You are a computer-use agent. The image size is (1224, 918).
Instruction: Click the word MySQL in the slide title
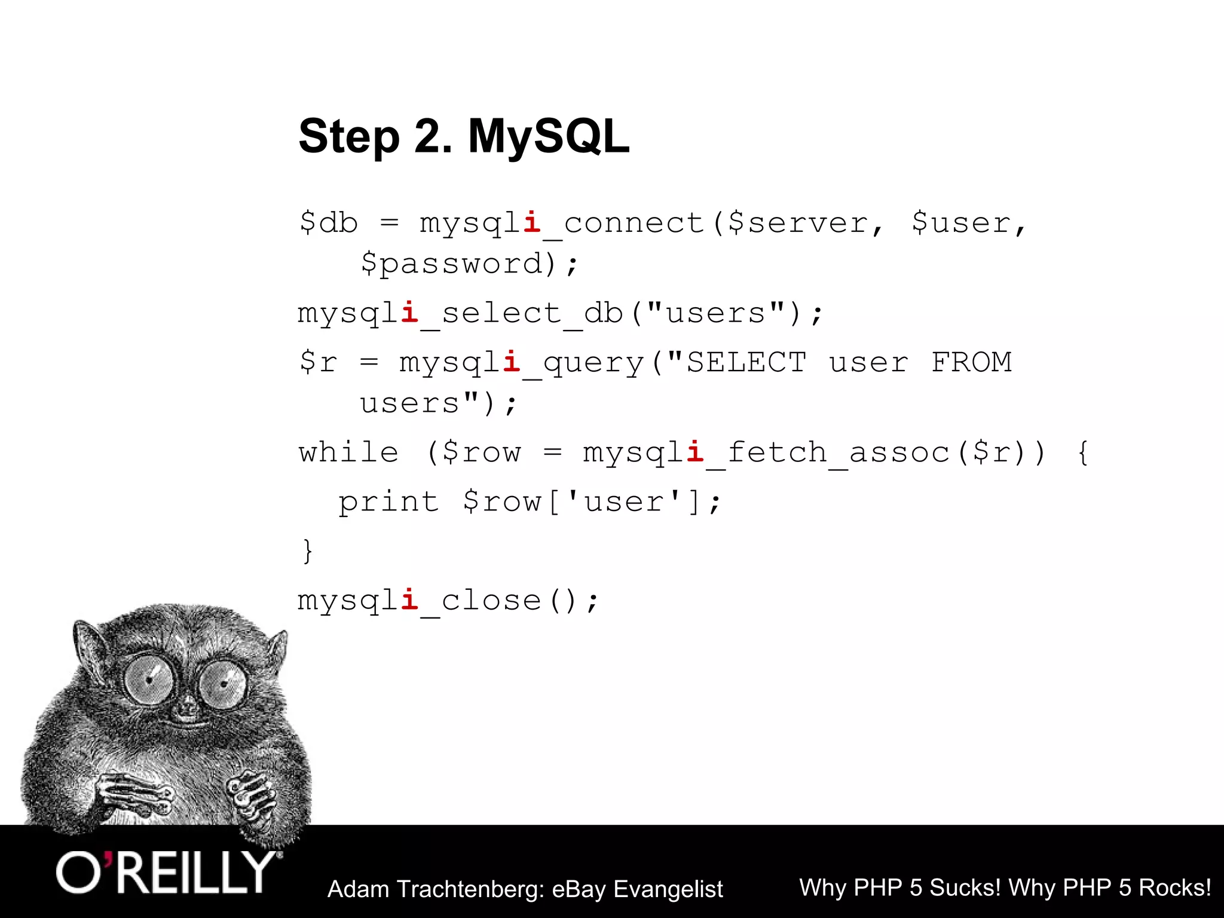pyautogui.click(x=548, y=136)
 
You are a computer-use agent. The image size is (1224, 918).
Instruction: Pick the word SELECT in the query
pyautogui.click(x=746, y=363)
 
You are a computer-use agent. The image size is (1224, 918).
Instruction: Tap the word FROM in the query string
pyautogui.click(x=971, y=363)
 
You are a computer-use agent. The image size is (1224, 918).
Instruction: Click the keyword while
pyautogui.click(x=348, y=452)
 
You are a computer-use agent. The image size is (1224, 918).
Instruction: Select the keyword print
pyautogui.click(x=388, y=501)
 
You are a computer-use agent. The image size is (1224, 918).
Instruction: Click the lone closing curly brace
pyautogui.click(x=307, y=550)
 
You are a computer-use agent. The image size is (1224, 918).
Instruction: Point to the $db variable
pyautogui.click(x=328, y=223)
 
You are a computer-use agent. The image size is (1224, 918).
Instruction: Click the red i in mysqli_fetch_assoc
pyautogui.click(x=694, y=452)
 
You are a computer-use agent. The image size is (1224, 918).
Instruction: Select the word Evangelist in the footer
pyautogui.click(x=668, y=889)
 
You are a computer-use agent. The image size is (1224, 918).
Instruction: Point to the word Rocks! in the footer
pyautogui.click(x=1174, y=888)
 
